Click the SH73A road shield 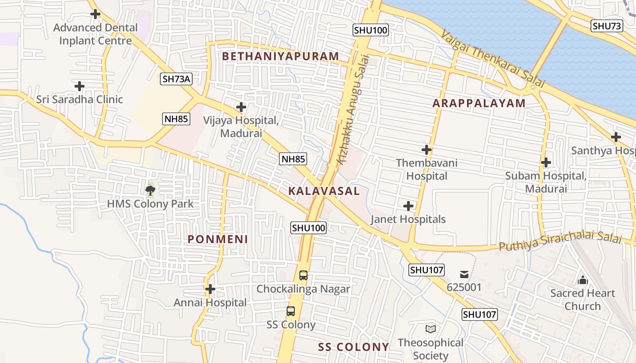point(177,79)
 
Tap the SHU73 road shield point(607,26)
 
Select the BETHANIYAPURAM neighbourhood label point(280,56)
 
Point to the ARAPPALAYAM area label point(479,103)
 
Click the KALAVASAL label point(324,191)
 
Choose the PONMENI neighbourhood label point(218,239)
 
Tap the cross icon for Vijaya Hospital point(241,107)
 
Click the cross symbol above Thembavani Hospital point(426,149)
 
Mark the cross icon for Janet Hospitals point(408,206)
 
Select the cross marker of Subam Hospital point(546,162)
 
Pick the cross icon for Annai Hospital point(210,289)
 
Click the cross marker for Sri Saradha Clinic point(79,86)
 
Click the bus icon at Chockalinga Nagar point(303,275)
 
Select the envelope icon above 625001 point(464,274)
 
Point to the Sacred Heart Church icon point(582,280)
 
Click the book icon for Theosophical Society point(430,329)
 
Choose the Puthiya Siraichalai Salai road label point(560,242)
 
